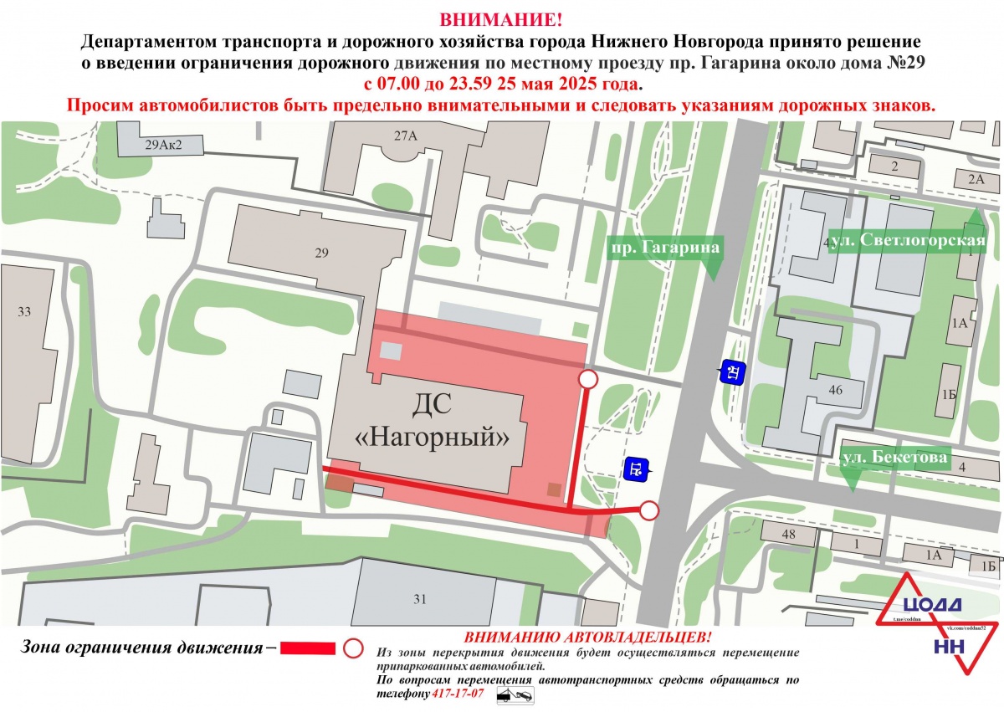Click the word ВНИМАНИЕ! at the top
click(501, 18)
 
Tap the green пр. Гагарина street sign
click(663, 248)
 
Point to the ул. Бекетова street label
click(894, 458)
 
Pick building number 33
click(24, 312)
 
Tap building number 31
click(420, 598)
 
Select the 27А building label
click(405, 136)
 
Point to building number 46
click(833, 390)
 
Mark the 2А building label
click(976, 179)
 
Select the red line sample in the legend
click(308, 648)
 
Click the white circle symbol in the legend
click(354, 648)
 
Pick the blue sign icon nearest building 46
click(732, 372)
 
